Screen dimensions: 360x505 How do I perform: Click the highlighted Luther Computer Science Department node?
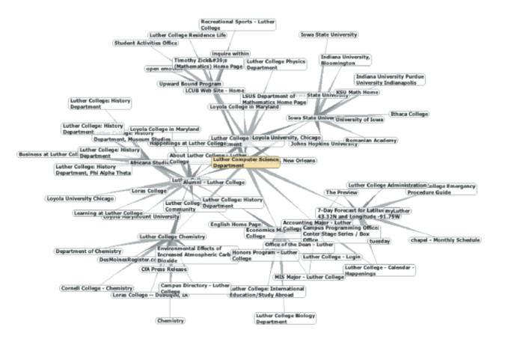click(245, 162)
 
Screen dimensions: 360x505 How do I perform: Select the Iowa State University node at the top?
click(329, 34)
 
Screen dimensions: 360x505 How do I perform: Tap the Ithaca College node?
click(409, 114)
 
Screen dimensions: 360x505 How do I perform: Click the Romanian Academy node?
click(370, 140)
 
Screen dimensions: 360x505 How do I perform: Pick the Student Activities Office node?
click(146, 43)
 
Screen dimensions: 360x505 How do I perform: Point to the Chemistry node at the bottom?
click(171, 320)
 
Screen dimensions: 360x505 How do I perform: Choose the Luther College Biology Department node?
click(285, 319)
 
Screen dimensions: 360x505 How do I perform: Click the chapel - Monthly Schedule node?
click(445, 240)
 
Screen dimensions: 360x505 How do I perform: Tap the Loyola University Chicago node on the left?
click(80, 198)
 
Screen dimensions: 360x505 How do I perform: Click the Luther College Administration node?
click(387, 185)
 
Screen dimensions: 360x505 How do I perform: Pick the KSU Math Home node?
click(357, 93)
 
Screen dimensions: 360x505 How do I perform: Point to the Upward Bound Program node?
click(190, 84)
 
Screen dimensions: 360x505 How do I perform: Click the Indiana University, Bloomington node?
click(345, 60)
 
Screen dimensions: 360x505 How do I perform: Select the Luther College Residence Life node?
click(187, 34)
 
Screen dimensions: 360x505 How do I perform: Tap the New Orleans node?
click(299, 160)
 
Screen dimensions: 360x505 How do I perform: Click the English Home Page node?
click(235, 224)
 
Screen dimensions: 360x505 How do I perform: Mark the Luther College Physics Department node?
click(276, 64)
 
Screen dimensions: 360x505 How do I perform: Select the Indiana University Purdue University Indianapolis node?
click(391, 79)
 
